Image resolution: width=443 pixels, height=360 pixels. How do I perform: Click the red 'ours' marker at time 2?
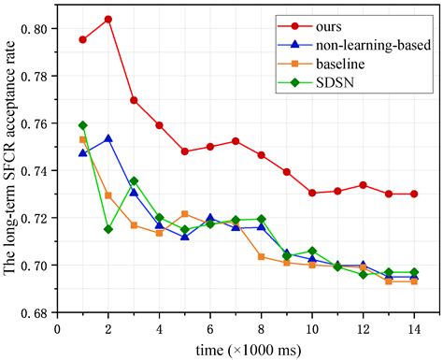pyautogui.click(x=108, y=19)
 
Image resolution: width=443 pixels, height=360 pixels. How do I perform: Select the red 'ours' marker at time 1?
pyautogui.click(x=83, y=39)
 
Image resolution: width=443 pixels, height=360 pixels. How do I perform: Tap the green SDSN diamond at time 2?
pyautogui.click(x=108, y=229)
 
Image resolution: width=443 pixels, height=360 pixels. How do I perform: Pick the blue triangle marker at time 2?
pyautogui.click(x=108, y=138)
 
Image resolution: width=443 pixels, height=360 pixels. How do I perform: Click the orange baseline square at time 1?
pyautogui.click(x=83, y=139)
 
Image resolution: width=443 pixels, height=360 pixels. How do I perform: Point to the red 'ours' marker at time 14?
pyautogui.click(x=413, y=194)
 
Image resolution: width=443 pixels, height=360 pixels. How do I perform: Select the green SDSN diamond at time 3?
pyautogui.click(x=134, y=181)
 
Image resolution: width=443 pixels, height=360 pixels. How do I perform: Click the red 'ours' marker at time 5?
pyautogui.click(x=184, y=151)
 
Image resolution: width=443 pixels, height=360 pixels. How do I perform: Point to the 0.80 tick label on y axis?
pyautogui.click(x=38, y=28)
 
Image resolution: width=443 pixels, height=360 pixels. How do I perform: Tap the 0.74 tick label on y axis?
pyautogui.click(x=38, y=170)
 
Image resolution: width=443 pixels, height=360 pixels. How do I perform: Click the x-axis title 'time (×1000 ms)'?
pyautogui.click(x=236, y=348)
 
